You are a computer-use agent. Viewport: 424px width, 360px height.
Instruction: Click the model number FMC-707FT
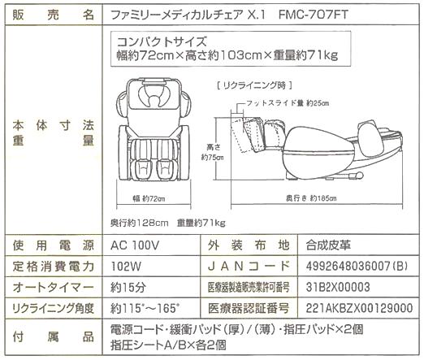314,15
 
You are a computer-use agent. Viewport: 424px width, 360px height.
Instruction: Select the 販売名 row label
54,15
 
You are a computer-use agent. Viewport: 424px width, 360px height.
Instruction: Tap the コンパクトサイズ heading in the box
162,41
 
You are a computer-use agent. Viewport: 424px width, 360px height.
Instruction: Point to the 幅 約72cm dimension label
149,199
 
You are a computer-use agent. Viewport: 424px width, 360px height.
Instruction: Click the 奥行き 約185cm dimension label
311,198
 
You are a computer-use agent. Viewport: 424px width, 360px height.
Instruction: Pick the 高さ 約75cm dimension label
213,152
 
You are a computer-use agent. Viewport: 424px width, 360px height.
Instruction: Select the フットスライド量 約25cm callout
288,103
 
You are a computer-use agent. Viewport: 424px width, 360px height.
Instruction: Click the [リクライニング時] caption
254,86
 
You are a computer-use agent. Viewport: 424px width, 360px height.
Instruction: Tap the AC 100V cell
135,245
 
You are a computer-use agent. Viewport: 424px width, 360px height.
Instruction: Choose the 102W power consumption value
126,267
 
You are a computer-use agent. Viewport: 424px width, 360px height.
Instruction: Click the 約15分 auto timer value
128,287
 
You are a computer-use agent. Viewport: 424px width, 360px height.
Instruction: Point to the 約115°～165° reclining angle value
145,308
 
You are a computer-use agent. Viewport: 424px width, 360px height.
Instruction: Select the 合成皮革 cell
328,245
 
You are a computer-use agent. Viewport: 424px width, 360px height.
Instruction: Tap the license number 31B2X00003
338,287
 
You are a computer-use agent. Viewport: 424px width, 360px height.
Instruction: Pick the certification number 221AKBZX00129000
359,308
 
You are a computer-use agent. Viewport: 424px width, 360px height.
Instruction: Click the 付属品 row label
54,337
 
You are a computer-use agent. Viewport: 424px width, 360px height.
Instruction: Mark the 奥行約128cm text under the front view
140,223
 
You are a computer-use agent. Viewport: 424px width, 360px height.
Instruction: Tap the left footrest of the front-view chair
143,169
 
